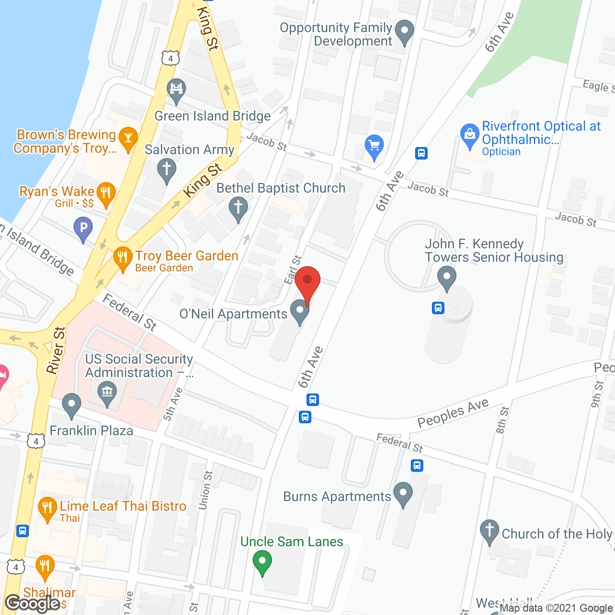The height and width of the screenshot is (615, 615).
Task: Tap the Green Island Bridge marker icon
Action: [176, 90]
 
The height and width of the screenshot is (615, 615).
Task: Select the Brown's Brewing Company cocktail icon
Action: [128, 138]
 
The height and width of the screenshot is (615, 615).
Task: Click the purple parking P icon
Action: [83, 228]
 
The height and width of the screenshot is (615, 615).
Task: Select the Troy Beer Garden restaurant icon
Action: [123, 259]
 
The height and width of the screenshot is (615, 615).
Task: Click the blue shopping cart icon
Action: [374, 146]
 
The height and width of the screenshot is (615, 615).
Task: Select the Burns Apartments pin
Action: [403, 494]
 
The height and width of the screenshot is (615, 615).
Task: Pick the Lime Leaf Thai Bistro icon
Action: [47, 509]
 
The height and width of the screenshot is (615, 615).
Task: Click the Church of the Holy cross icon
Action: [490, 532]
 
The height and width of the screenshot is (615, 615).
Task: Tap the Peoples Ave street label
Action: [453, 413]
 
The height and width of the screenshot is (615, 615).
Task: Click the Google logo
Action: [32, 603]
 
